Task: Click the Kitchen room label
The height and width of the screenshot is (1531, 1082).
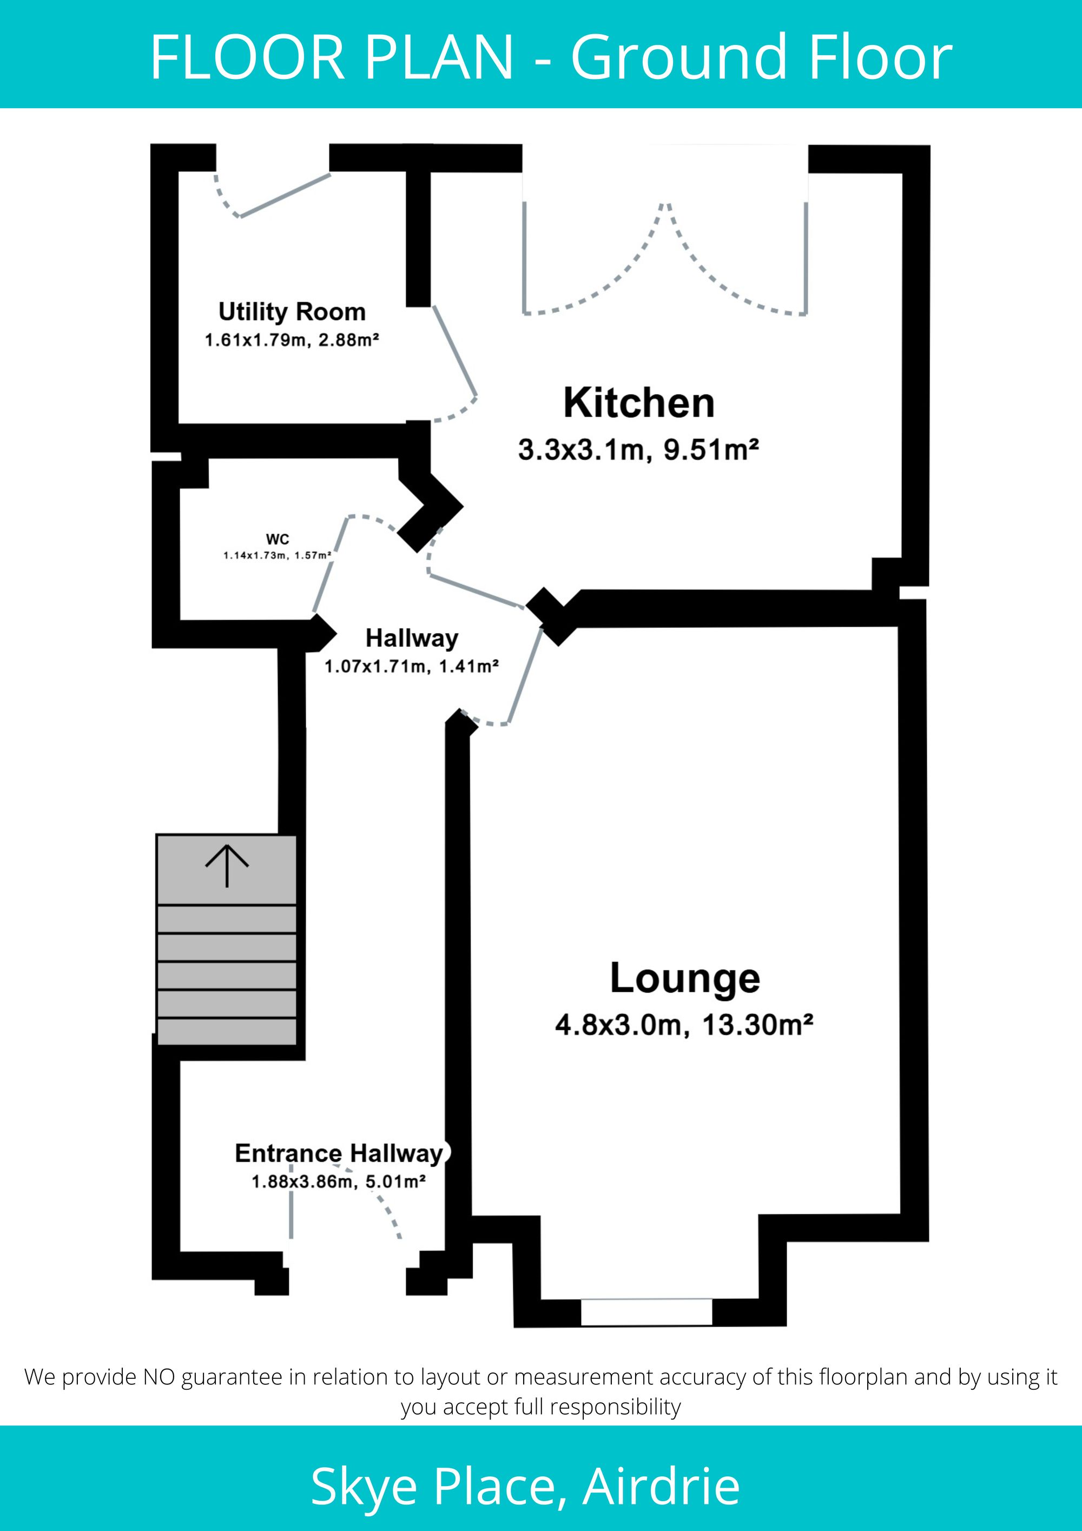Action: coord(639,403)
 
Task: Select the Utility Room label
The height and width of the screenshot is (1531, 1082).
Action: coord(292,311)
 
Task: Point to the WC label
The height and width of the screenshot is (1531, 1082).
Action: coord(278,539)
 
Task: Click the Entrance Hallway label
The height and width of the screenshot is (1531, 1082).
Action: coord(339,1153)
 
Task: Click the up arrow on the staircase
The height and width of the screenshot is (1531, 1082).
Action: coord(227,865)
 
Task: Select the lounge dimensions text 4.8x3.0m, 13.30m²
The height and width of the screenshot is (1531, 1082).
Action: coord(684,1024)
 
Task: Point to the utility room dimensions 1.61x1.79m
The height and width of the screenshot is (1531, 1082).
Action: coord(255,340)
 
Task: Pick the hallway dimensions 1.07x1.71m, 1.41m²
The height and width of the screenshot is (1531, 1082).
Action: coord(411,666)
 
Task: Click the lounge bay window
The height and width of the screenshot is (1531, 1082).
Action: coord(646,1312)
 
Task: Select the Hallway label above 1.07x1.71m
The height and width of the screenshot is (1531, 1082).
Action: coord(411,638)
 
